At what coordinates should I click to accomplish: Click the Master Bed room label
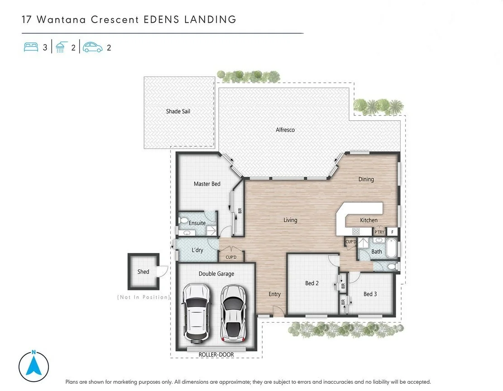pos(207,184)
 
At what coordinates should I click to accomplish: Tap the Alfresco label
pos(285,130)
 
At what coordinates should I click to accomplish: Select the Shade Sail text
pos(178,111)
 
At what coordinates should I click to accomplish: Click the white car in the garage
pos(196,312)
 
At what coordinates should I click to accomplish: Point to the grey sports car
pos(233,313)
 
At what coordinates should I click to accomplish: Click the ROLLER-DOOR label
pos(216,354)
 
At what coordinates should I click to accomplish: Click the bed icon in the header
pos(31,47)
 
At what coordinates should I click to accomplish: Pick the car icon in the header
pos(93,47)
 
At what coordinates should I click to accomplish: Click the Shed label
pos(144,272)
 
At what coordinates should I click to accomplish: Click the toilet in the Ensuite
pos(183,221)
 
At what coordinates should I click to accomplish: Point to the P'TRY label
pos(379,232)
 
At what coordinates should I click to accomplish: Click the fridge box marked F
pos(393,232)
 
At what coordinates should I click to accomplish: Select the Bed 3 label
pos(370,294)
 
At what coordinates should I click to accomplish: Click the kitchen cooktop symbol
pos(356,231)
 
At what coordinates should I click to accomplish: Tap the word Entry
pos(275,294)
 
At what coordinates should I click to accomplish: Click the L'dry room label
pos(197,250)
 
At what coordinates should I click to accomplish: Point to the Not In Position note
pos(144,297)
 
